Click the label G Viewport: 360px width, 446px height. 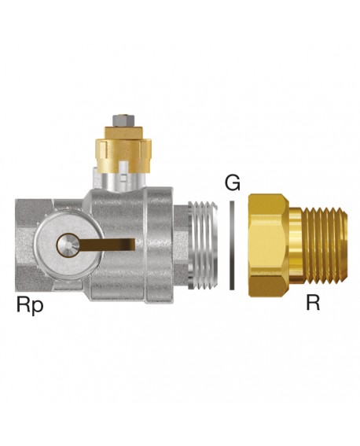pyautogui.click(x=233, y=182)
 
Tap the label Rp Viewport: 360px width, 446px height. pyautogui.click(x=30, y=305)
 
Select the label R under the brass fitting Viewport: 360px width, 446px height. pyautogui.click(x=313, y=303)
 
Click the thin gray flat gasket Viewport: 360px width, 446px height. pyautogui.click(x=232, y=245)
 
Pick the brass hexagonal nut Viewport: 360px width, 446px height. pyautogui.click(x=268, y=245)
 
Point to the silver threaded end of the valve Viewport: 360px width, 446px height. pyautogui.click(x=202, y=245)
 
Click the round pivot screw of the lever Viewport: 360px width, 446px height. pyautogui.click(x=67, y=244)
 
